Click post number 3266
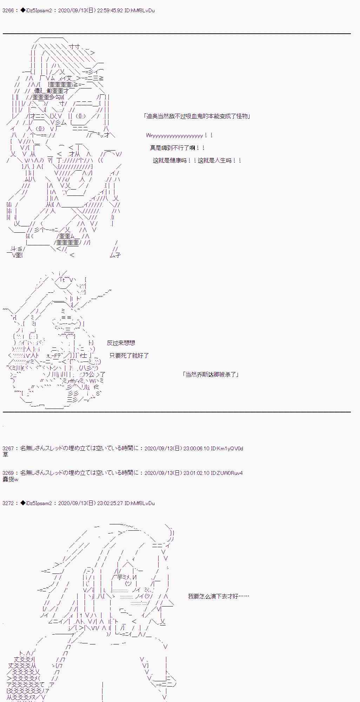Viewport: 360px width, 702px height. [8, 11]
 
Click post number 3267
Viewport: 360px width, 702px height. [8, 448]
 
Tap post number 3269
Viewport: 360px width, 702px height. [8, 473]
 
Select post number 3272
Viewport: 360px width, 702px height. [8, 503]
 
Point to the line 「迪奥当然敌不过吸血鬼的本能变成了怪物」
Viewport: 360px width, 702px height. [197, 116]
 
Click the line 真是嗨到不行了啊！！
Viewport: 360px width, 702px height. [178, 148]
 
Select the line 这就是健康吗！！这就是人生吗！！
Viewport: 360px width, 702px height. [197, 161]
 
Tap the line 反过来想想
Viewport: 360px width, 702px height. [121, 343]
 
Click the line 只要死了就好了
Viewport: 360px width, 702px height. [129, 356]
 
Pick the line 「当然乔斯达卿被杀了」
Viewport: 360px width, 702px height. [211, 375]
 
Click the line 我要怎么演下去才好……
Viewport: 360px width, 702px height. [218, 596]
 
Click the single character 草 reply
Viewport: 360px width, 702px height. [5, 455]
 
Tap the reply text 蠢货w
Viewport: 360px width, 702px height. [10, 479]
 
